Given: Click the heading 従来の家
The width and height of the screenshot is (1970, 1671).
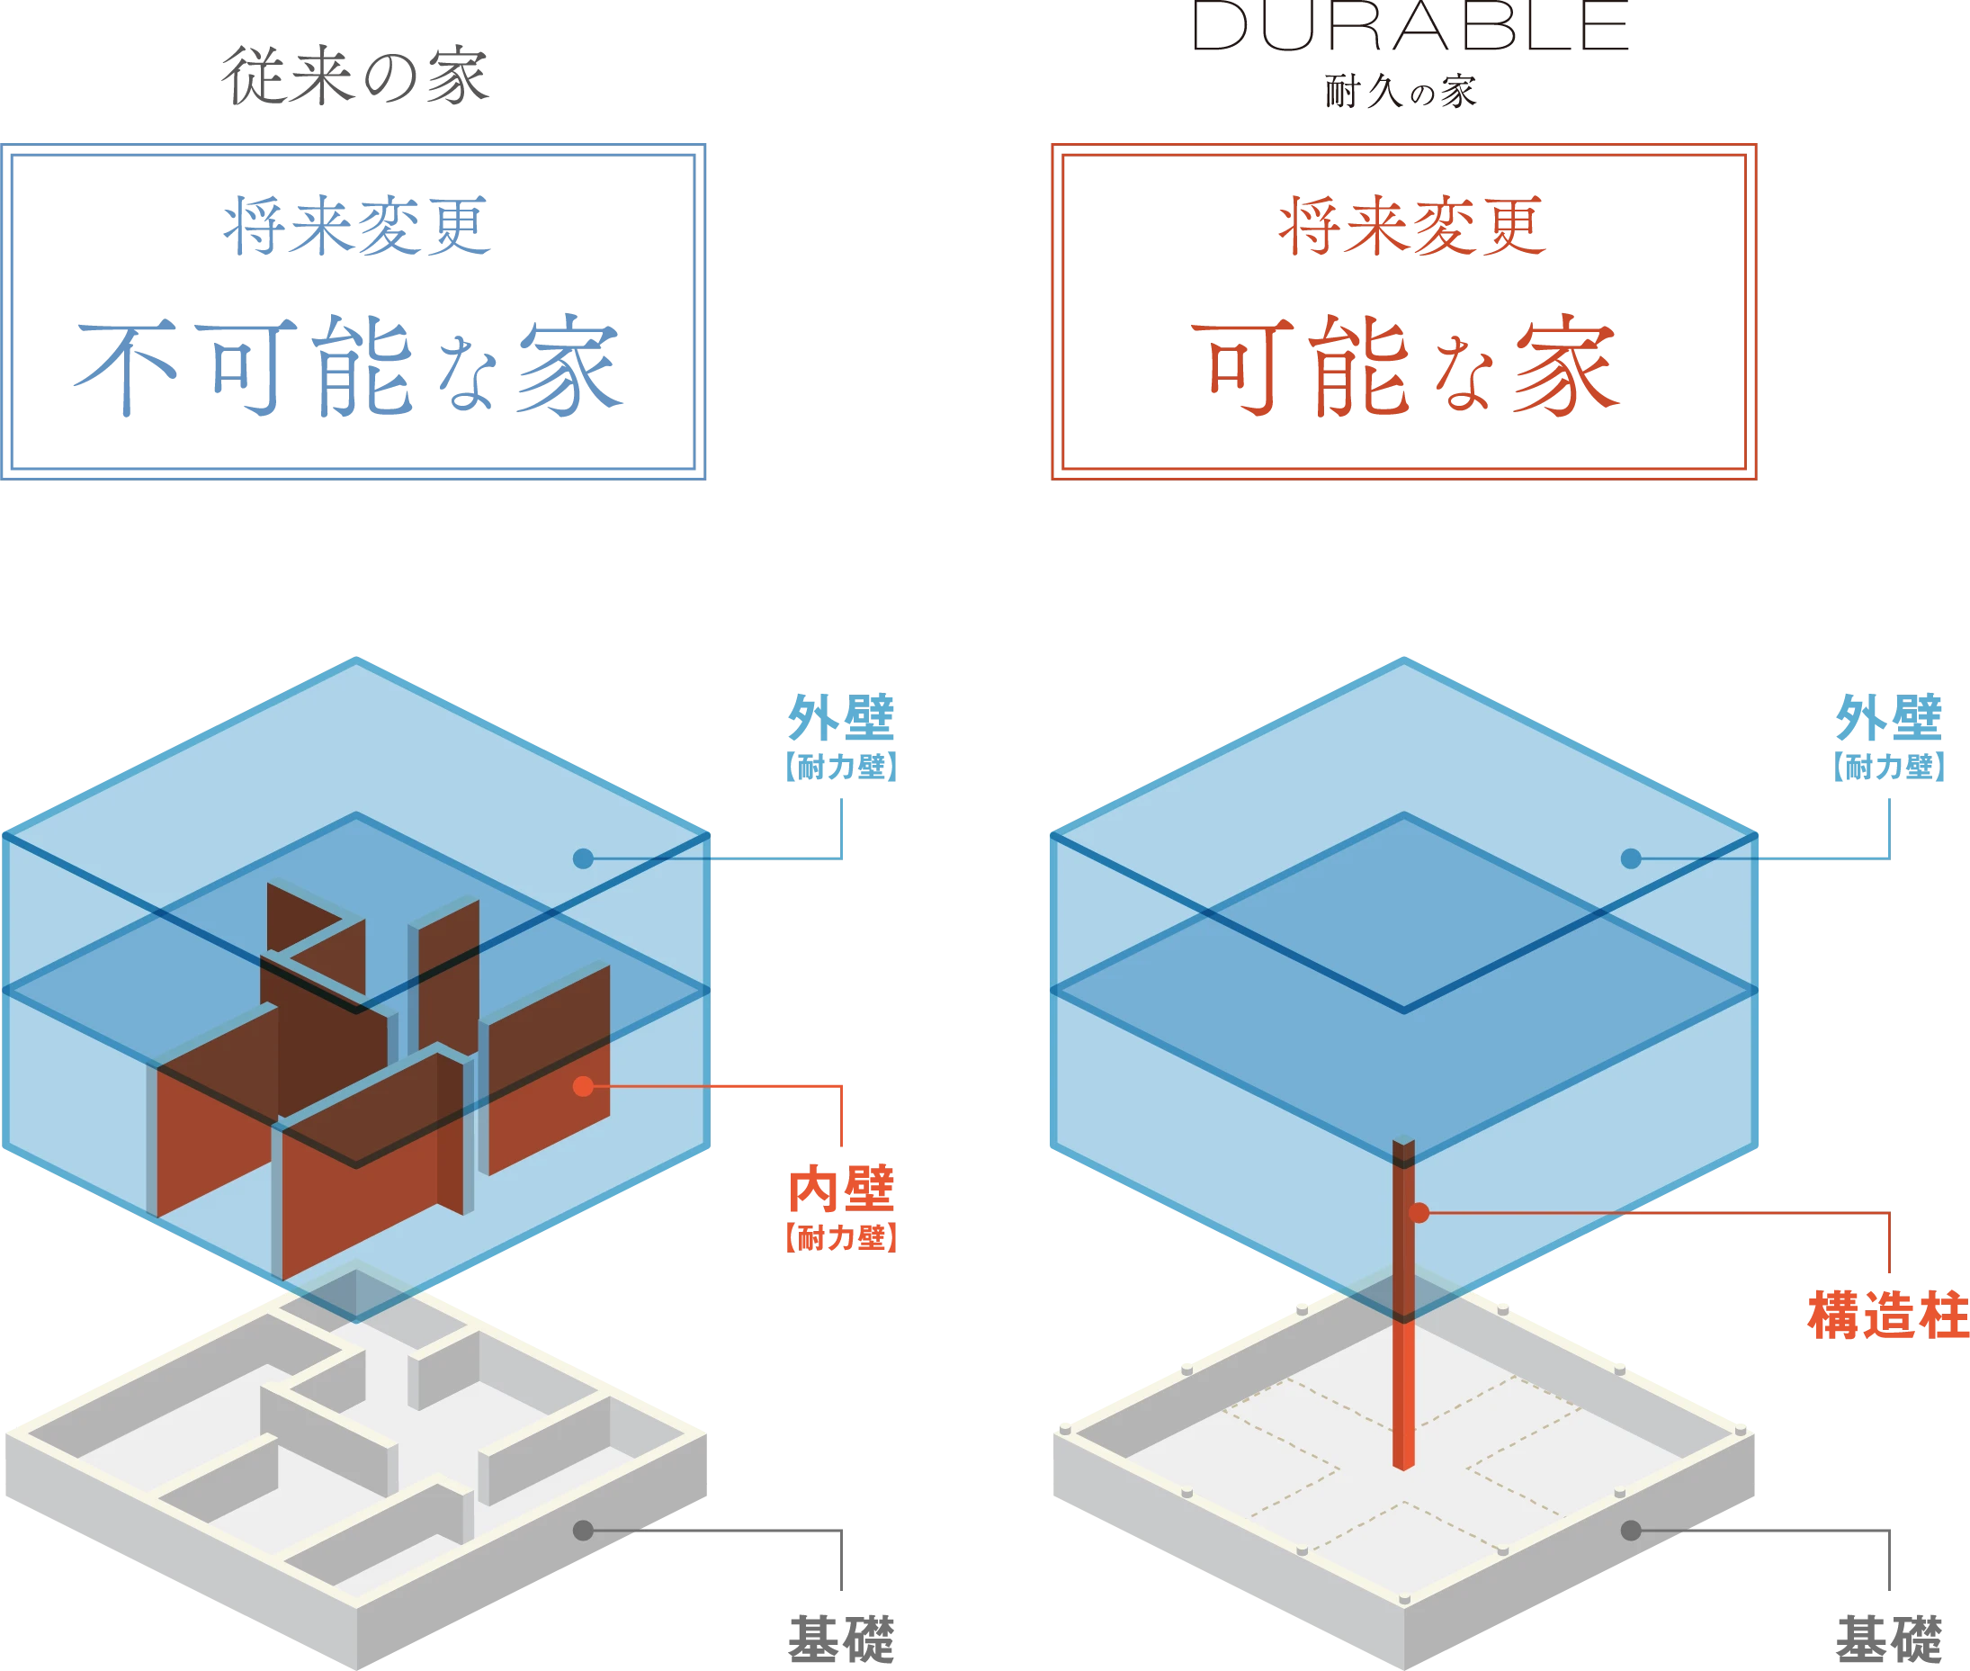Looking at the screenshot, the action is (x=355, y=76).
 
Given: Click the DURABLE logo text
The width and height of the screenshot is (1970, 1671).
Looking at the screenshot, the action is (x=1411, y=25).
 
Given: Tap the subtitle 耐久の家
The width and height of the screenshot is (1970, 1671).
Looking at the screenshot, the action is (x=1401, y=92).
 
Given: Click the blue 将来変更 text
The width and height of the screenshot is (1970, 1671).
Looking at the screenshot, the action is (x=357, y=226).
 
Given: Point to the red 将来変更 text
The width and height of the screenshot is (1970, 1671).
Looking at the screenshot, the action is (x=1412, y=226).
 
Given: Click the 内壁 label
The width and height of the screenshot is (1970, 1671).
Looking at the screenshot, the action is (x=842, y=1189).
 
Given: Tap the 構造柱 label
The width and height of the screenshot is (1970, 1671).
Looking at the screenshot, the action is (x=1888, y=1316).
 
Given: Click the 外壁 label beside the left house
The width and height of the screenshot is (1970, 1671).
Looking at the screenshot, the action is (x=842, y=717).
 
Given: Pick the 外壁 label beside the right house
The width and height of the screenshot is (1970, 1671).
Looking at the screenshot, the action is (x=1890, y=717).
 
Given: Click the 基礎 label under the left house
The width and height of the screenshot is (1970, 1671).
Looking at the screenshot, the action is (x=842, y=1640).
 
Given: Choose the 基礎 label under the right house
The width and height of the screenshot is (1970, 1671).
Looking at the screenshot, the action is (x=1890, y=1640).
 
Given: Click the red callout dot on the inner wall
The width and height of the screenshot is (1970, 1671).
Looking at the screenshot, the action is (x=584, y=1086).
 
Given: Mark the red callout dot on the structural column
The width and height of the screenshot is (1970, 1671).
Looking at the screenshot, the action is (x=1419, y=1212).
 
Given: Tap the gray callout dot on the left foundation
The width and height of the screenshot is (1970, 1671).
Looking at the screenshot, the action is (x=584, y=1530).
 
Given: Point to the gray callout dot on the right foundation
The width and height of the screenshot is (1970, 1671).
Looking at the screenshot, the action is (x=1631, y=1530).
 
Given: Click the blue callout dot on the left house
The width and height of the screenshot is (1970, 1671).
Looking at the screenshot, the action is (x=584, y=858).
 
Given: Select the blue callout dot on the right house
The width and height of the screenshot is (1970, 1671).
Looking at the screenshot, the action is (x=1631, y=858).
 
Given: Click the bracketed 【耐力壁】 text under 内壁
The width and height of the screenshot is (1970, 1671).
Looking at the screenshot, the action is (x=842, y=1237).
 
